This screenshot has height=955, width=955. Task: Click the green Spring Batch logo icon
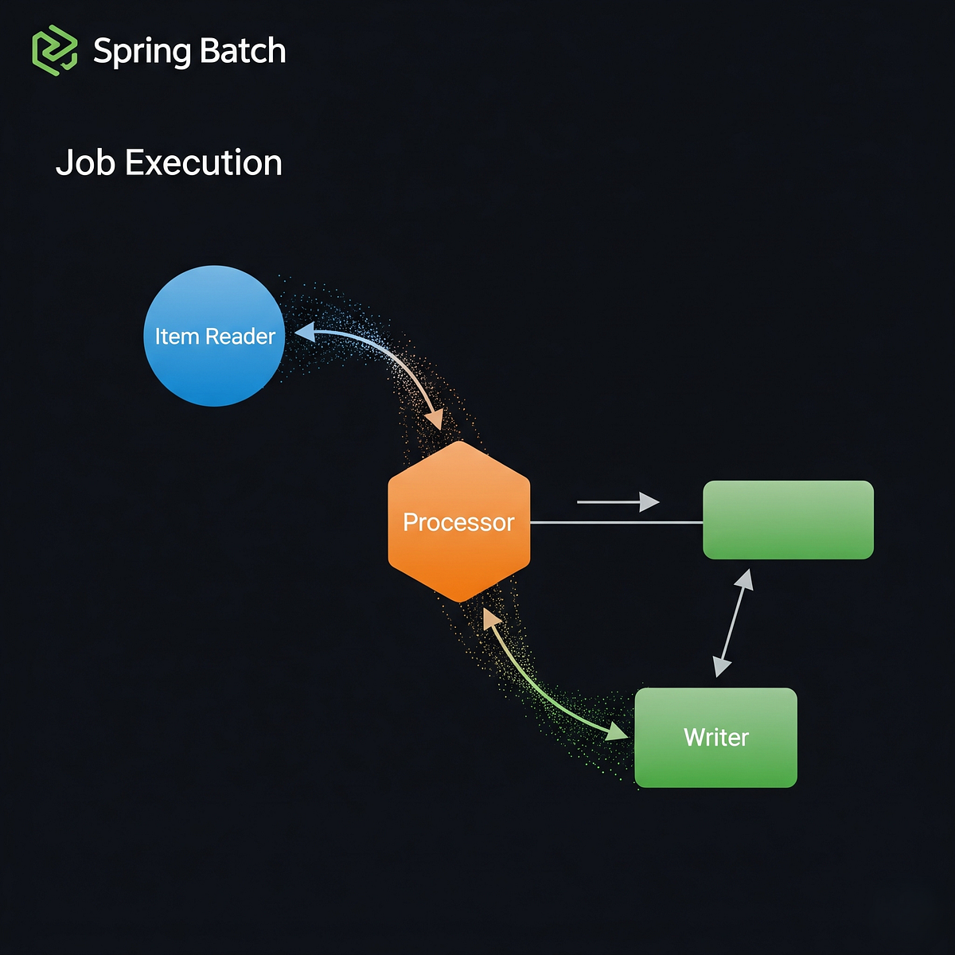tap(54, 50)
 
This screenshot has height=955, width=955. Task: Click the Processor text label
tap(458, 522)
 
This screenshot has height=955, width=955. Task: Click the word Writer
tap(715, 738)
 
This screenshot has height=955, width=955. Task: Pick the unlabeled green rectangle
tap(788, 520)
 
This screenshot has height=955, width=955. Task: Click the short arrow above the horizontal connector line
tap(618, 502)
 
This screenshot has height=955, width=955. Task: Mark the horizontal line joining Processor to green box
tap(616, 523)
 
